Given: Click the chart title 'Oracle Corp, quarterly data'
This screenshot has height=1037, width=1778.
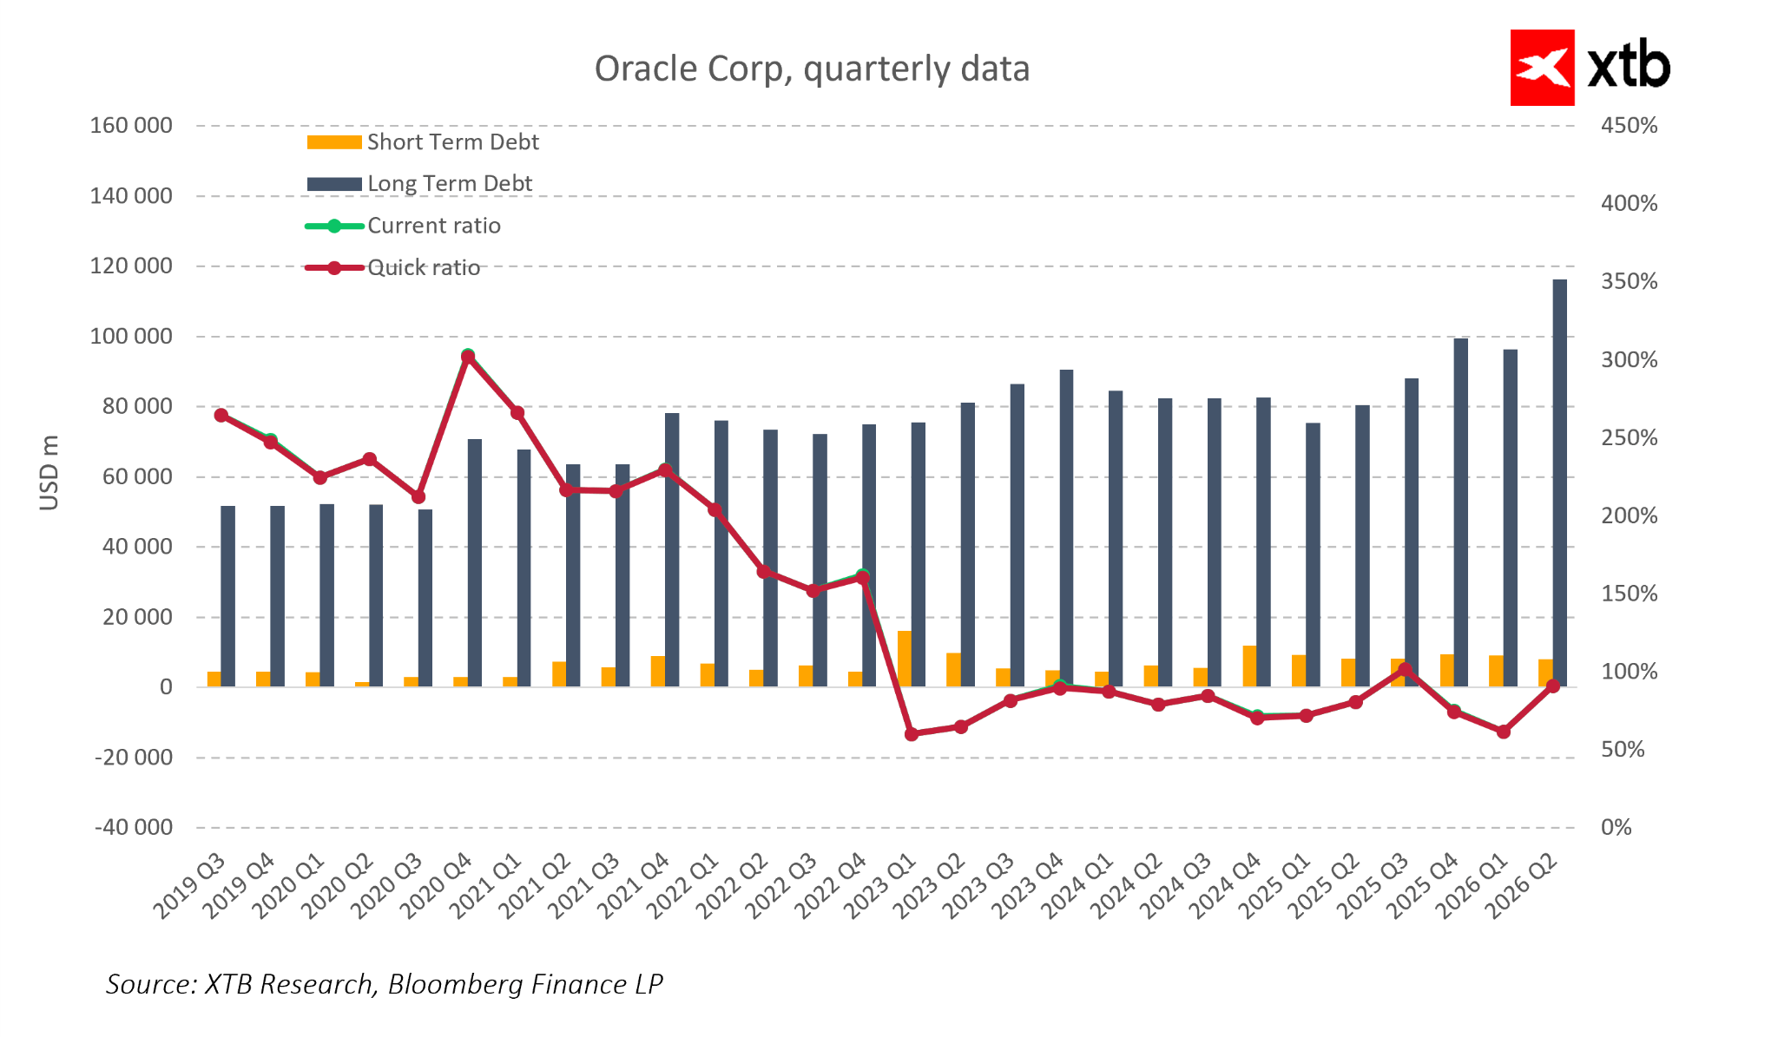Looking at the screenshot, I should coord(812,69).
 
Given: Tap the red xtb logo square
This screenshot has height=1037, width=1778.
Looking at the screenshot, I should coord(1542,68).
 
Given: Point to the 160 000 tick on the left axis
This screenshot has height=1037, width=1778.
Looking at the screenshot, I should coord(131,126).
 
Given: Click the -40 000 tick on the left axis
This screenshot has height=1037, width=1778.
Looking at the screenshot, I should coord(134,828).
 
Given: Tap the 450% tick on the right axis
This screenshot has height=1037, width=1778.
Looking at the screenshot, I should coord(1629,126).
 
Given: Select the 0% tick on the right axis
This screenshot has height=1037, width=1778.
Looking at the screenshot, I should coord(1616,828).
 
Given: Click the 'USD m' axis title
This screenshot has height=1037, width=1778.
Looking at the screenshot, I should coord(49,473).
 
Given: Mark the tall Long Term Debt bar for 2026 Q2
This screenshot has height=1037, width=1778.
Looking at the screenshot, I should coord(1559,482).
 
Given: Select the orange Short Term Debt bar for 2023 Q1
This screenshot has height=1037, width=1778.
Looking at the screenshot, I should coord(905,659).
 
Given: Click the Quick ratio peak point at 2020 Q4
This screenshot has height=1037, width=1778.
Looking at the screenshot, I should coord(468,357).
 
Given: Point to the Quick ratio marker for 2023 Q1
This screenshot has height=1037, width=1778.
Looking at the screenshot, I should coord(912,734).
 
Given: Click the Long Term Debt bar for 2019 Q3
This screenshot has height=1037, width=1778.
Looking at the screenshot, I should coord(227,596).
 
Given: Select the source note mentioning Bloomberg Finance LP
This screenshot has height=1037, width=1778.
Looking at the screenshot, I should coord(385,984).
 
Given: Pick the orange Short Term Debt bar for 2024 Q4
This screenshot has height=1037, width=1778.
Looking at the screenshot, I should coord(1249,666).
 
